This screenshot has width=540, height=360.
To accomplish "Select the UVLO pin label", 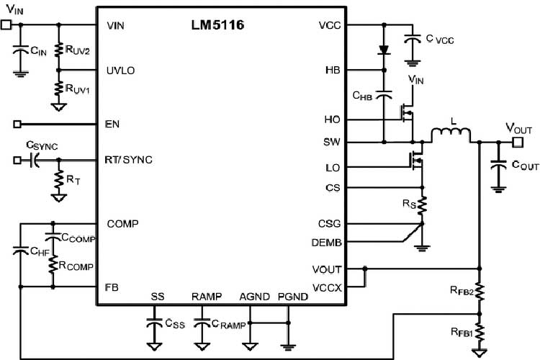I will coord(120,71).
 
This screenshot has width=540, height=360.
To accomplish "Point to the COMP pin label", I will coord(123,222).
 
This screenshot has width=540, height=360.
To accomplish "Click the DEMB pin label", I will coord(326,243).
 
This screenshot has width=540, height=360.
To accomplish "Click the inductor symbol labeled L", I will coord(451,135).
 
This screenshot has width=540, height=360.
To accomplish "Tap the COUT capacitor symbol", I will coord(497,166).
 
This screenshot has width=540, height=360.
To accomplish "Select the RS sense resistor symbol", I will coord(423,206).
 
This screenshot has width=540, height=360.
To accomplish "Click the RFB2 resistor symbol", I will coord(479,292).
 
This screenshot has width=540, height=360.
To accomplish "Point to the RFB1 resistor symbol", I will coord(479,333).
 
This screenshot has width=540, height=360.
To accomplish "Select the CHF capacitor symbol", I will coord(21,252).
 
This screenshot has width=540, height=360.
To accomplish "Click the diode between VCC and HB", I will coord(384,50).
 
